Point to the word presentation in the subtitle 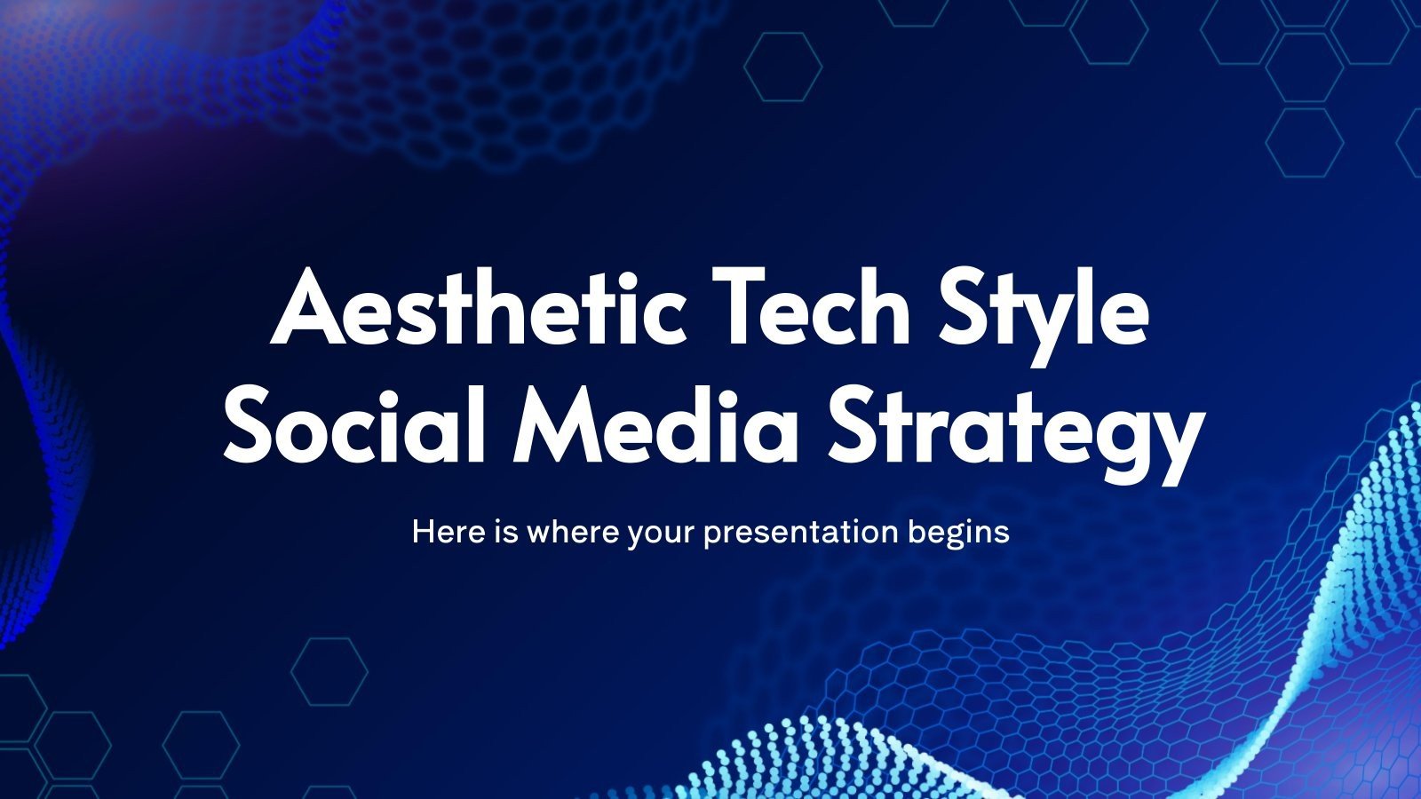point(800,534)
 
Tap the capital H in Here point(423,532)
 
